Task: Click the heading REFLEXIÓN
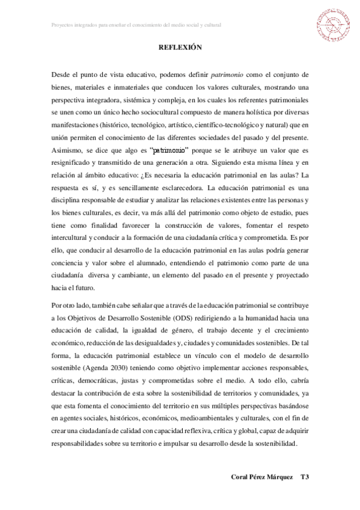pos(180,48)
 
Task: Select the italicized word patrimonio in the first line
pos(227,75)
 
